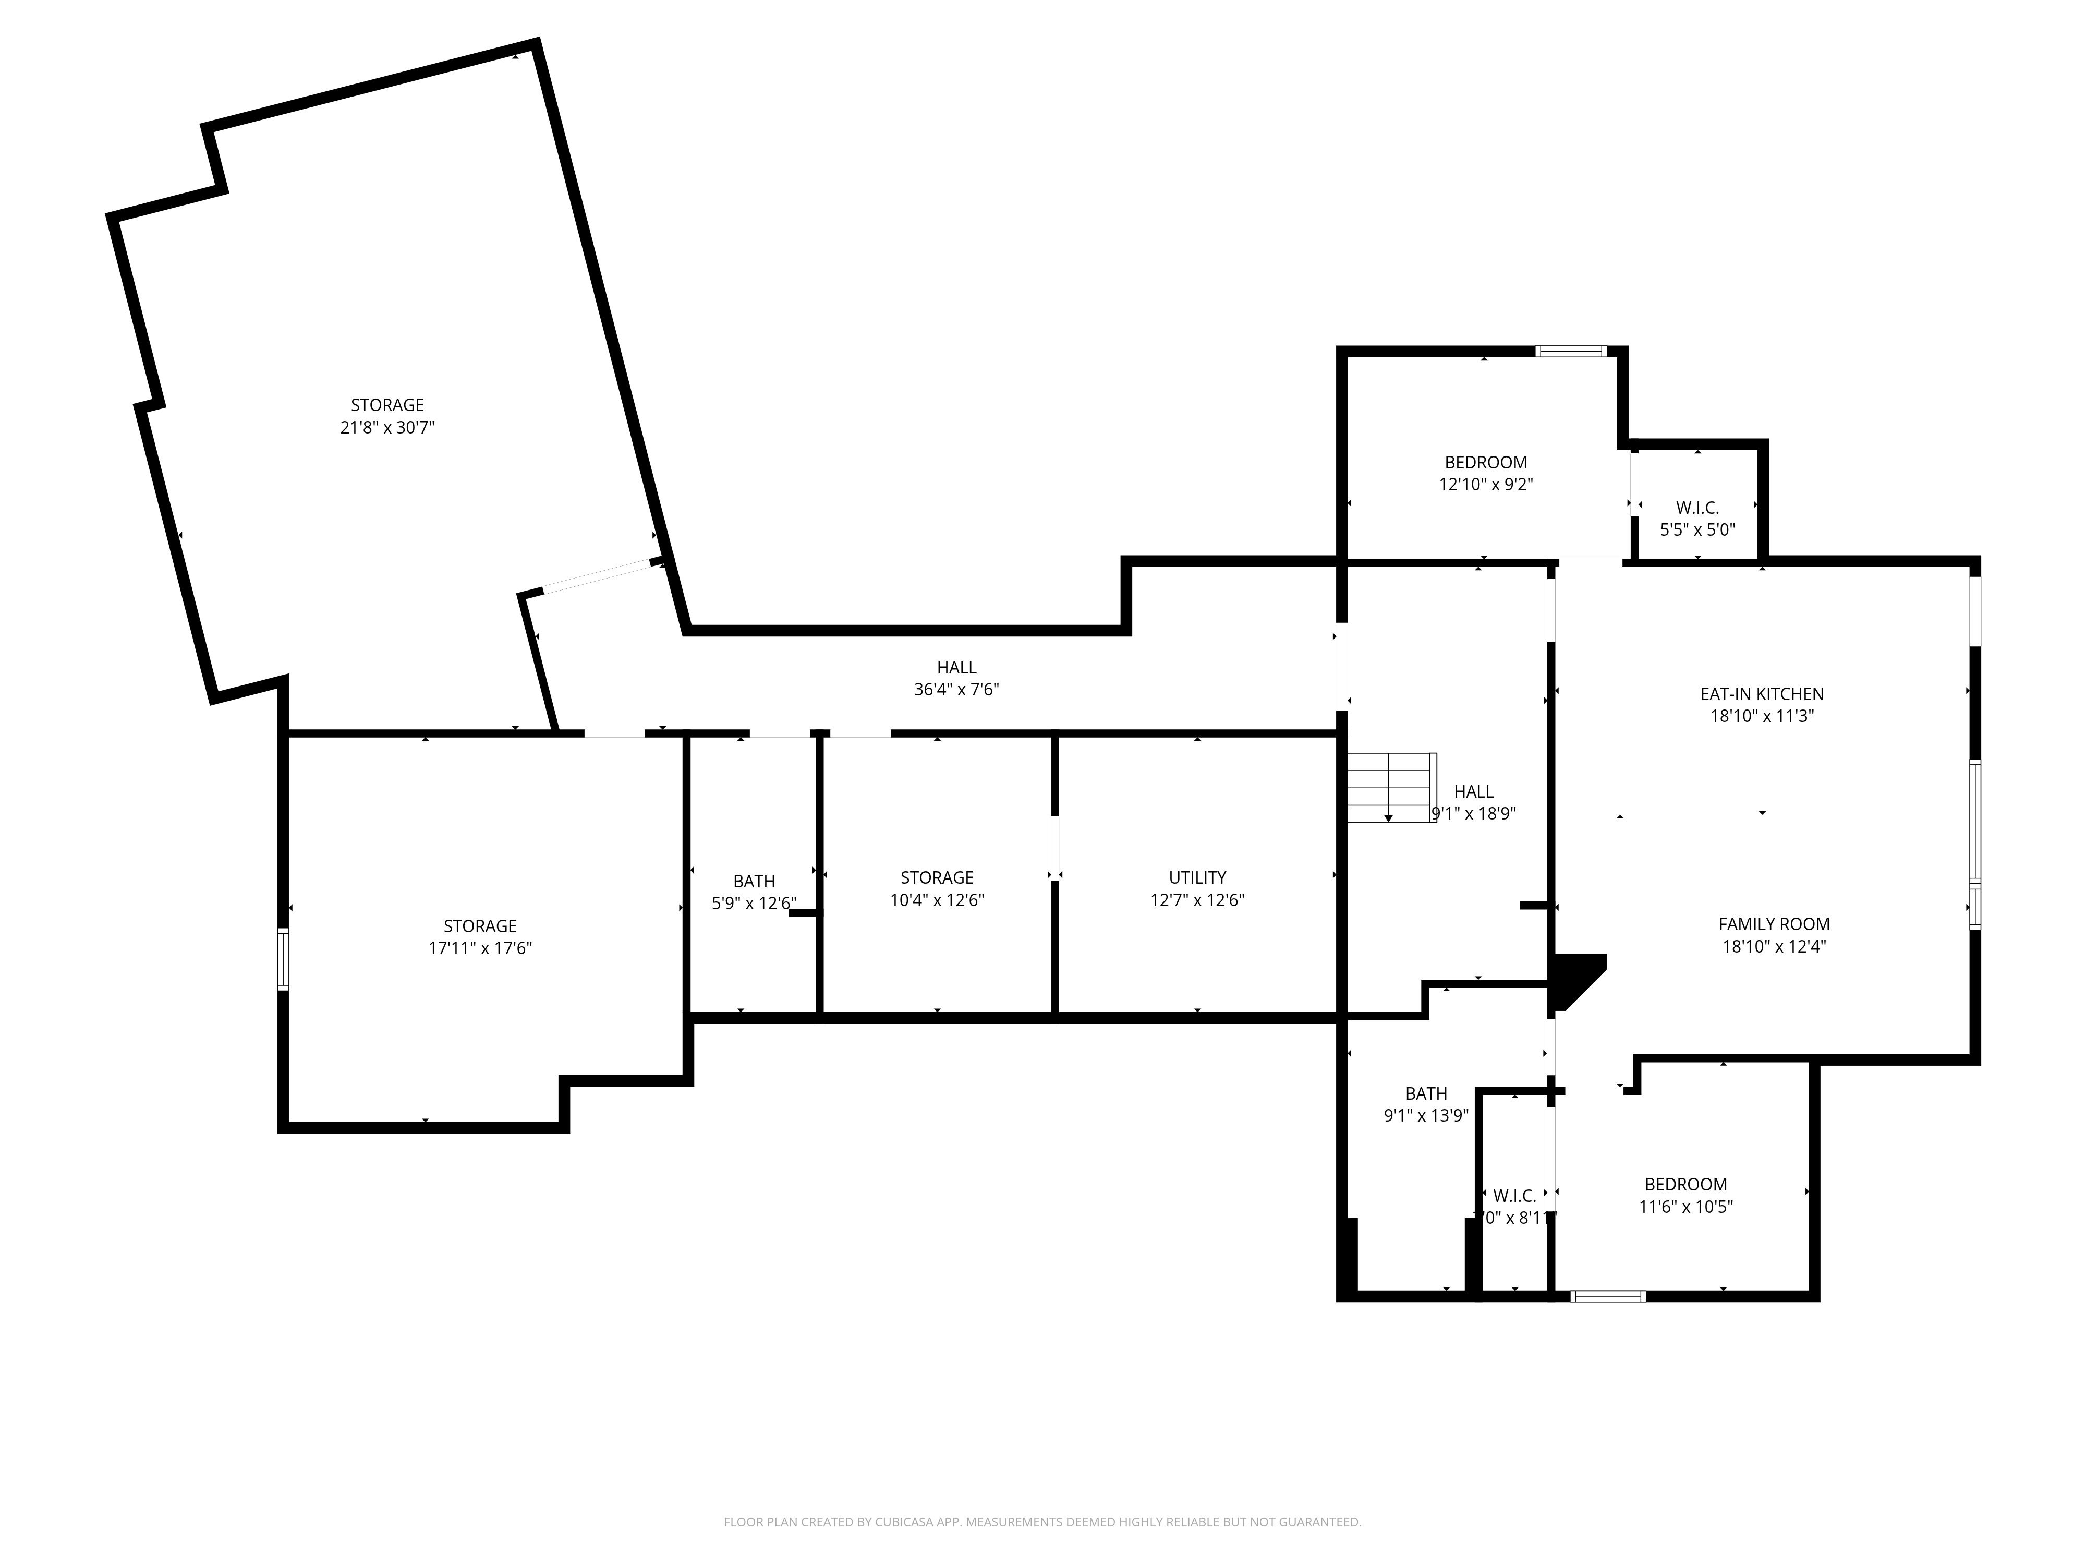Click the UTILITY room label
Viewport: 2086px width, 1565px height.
[x=1197, y=877]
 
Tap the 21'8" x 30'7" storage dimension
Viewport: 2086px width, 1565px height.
[x=386, y=427]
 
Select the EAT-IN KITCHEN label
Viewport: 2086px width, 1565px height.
[x=1761, y=693]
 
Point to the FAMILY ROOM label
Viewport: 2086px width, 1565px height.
[x=1773, y=924]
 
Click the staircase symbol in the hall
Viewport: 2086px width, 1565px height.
[x=1390, y=788]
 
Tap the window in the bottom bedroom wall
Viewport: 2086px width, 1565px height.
[x=1608, y=1296]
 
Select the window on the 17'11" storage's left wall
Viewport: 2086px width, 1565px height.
[x=283, y=959]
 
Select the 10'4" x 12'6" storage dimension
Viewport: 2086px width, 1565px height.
[x=937, y=900]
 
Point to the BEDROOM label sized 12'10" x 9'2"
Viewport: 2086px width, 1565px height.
[x=1485, y=462]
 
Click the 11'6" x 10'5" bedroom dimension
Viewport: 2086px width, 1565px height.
[x=1685, y=1207]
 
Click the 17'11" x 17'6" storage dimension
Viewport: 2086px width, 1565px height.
[x=480, y=948]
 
